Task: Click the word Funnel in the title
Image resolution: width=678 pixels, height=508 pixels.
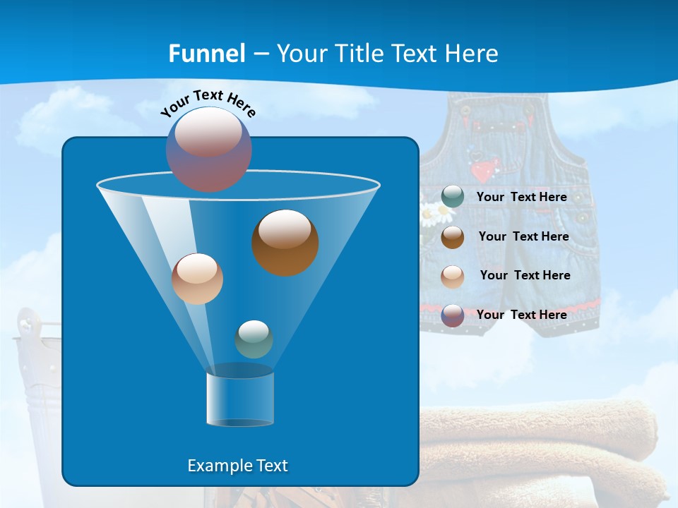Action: pyautogui.click(x=207, y=54)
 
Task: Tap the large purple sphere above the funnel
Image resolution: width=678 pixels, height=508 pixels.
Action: pyautogui.click(x=209, y=149)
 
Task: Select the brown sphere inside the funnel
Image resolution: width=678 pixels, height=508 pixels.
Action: pyautogui.click(x=285, y=243)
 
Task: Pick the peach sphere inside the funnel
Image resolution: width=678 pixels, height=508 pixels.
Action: pyautogui.click(x=197, y=279)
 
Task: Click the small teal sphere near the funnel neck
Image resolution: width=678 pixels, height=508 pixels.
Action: pyautogui.click(x=254, y=339)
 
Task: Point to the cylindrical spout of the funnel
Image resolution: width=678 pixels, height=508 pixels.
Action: pyautogui.click(x=240, y=399)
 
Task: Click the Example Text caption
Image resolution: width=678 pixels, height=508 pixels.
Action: pyautogui.click(x=237, y=466)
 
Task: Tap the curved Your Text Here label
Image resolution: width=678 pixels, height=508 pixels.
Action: pyautogui.click(x=208, y=103)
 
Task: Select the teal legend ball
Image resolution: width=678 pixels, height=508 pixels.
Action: pyautogui.click(x=453, y=197)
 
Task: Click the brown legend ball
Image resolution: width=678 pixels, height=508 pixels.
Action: pyautogui.click(x=453, y=237)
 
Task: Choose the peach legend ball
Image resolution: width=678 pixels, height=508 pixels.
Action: pyautogui.click(x=453, y=276)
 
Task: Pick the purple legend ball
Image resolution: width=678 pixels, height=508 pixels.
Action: pyautogui.click(x=453, y=315)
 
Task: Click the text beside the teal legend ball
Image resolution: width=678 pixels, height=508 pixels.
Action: pyautogui.click(x=521, y=197)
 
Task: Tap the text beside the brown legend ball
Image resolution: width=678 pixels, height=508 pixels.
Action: pyautogui.click(x=523, y=236)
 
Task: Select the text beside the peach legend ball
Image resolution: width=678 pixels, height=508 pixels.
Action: pyautogui.click(x=525, y=275)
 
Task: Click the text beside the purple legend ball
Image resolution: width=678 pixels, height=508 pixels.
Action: pyautogui.click(x=521, y=315)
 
